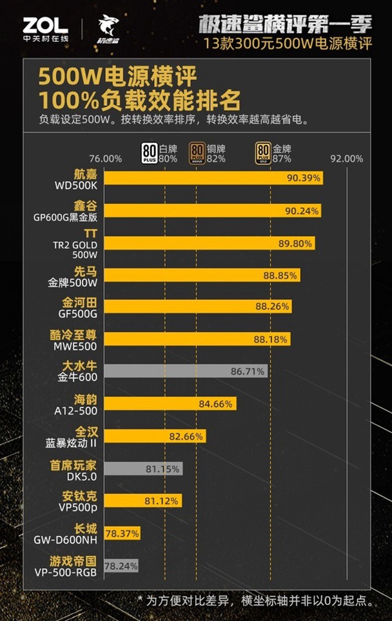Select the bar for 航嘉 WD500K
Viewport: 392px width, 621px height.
point(213,178)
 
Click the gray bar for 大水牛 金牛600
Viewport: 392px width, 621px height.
point(186,371)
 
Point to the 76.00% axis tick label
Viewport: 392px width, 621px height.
point(105,159)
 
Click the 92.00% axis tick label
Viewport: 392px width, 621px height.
point(348,159)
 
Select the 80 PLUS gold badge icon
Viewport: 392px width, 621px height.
point(263,152)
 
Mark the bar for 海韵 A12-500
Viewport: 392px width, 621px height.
point(170,404)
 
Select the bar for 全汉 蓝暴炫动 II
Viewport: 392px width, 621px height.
point(155,436)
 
